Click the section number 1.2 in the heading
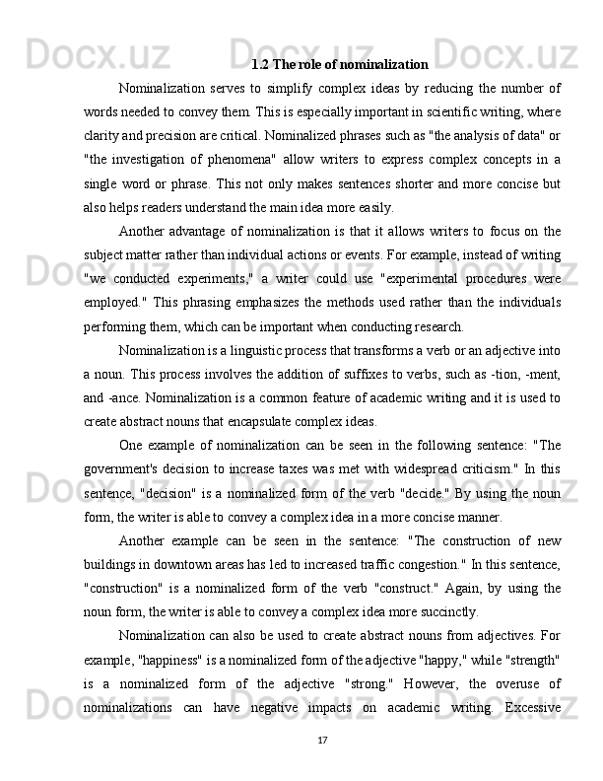click(x=260, y=66)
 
